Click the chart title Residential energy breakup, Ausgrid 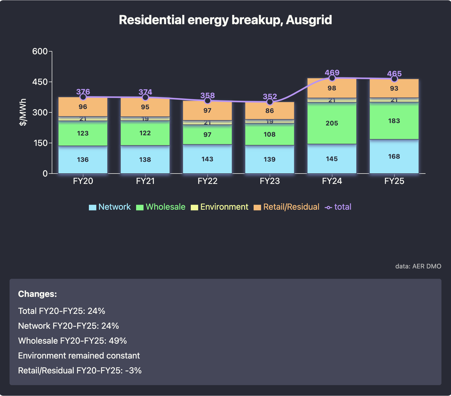(225, 20)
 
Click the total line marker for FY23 (270, 102)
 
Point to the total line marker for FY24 (332, 78)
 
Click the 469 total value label (332, 72)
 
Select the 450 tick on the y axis (40, 82)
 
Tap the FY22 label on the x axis (207, 181)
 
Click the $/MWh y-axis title (23, 112)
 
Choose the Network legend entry (110, 207)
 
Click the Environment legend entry (219, 207)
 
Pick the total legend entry (338, 207)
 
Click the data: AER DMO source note (418, 266)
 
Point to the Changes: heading (37, 294)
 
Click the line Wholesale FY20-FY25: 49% (72, 341)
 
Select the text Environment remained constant (79, 356)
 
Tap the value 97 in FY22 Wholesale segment (207, 135)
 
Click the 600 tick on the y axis (40, 51)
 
